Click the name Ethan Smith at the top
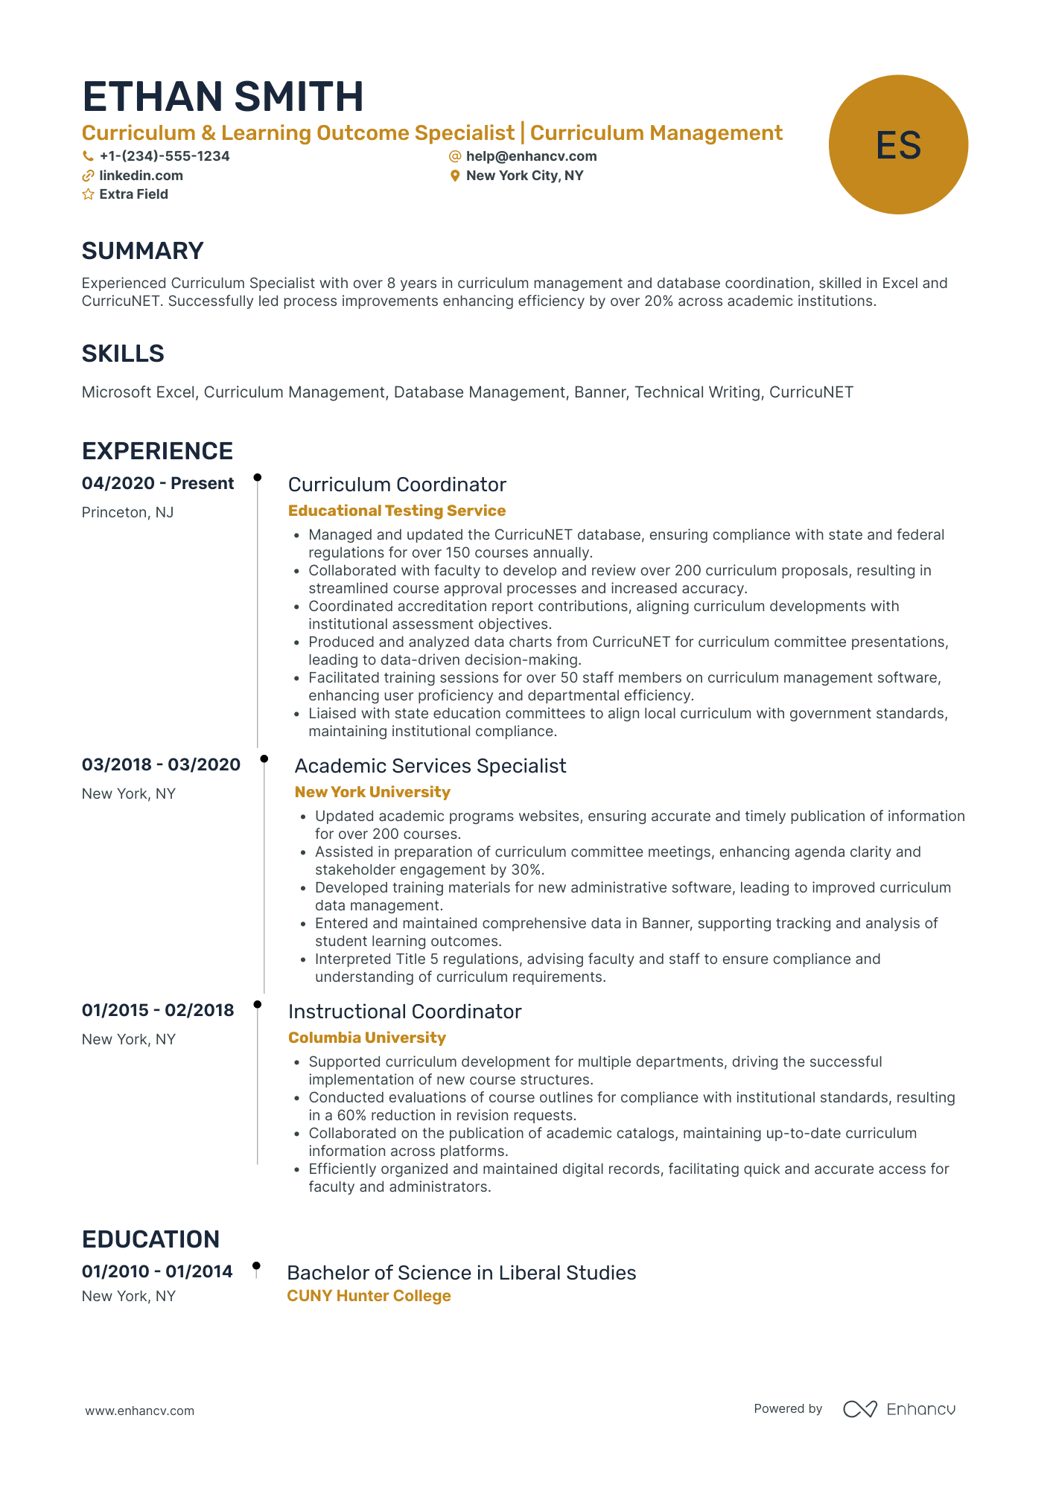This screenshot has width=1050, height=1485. (223, 98)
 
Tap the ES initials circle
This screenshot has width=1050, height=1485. (898, 144)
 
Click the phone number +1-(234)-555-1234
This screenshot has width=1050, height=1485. (164, 156)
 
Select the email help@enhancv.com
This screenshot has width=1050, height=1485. (531, 156)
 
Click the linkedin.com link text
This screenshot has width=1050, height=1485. (141, 176)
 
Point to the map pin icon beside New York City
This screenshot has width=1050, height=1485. (455, 176)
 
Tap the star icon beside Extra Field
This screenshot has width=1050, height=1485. (88, 194)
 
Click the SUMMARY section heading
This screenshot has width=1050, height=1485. (142, 251)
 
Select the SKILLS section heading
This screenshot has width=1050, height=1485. (123, 354)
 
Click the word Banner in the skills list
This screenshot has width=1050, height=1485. (599, 392)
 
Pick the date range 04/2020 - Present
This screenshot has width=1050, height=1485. (158, 483)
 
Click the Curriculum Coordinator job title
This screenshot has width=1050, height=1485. (397, 485)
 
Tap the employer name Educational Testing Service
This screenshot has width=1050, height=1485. (397, 511)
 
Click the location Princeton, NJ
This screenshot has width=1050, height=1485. (127, 512)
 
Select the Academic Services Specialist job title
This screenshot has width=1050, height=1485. (430, 766)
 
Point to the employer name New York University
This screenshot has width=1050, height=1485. (372, 792)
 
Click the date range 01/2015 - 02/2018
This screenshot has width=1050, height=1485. (158, 1010)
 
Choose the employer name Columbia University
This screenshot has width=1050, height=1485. (367, 1038)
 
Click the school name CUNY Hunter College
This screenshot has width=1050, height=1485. (369, 1296)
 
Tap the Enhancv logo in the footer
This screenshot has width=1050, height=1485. (899, 1409)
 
